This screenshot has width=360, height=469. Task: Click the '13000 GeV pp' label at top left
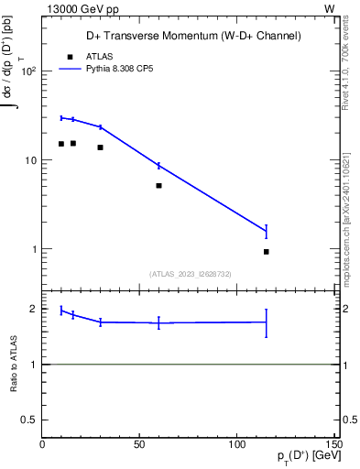(81, 8)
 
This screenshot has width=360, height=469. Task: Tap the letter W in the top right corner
(329, 8)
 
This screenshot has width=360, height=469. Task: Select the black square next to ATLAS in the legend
(68, 56)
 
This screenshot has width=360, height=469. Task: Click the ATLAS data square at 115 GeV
(267, 252)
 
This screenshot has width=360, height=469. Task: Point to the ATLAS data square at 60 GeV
(159, 186)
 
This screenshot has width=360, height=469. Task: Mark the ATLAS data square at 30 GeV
(101, 147)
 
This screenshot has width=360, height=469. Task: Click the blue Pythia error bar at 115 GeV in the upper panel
(267, 232)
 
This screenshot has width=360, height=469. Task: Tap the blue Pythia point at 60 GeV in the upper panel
(159, 166)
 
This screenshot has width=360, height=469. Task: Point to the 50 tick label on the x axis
(140, 444)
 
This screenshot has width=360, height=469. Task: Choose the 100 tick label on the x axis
(237, 444)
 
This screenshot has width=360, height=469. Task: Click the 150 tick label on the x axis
(334, 444)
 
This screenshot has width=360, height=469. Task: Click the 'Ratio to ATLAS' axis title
(15, 365)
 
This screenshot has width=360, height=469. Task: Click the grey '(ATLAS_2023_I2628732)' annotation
(190, 273)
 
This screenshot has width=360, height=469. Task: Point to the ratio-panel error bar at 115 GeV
(267, 322)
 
